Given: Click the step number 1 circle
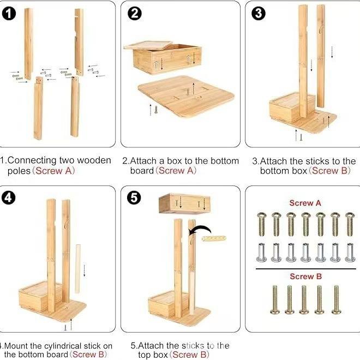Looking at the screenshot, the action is tap(9, 14).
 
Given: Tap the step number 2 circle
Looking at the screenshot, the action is tap(134, 14).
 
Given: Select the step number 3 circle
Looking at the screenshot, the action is tap(259, 14).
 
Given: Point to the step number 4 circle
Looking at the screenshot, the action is tap(9, 197).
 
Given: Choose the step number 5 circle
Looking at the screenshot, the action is tap(134, 197).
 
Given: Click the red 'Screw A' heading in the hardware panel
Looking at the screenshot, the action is tap(305, 203).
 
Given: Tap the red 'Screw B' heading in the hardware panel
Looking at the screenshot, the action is tap(305, 277).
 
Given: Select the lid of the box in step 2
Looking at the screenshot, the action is tap(148, 45).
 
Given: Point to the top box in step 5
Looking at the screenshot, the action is tap(184, 203).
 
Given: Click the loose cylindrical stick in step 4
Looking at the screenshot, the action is tap(78, 269).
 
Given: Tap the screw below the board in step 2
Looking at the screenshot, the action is tap(156, 110).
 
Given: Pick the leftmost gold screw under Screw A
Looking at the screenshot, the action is tap(262, 224).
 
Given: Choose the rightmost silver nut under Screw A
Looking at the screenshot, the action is tap(350, 253).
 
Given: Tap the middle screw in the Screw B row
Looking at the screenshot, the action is tap(304, 299).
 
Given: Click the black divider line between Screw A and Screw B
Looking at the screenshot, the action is tap(306, 268).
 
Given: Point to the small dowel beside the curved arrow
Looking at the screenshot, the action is tap(214, 238).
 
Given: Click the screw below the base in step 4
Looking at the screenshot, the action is tap(65, 327).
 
